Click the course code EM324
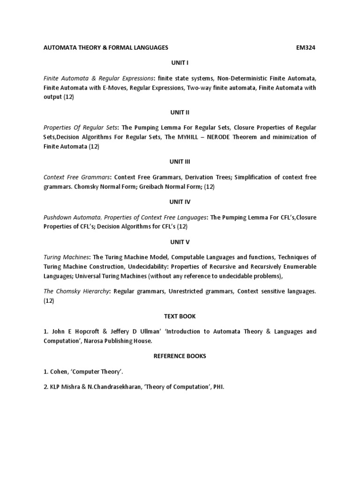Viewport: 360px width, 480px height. coord(306,48)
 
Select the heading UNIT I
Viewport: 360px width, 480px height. coord(180,63)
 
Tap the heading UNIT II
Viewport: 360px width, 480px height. coord(180,112)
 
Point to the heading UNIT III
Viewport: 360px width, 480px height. coord(180,162)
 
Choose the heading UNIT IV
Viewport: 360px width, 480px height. coord(180,202)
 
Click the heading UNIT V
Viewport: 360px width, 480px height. coord(180,242)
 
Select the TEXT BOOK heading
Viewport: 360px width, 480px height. coord(180,316)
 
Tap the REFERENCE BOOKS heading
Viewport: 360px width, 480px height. coord(180,356)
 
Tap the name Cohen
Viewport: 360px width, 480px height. coord(59,371)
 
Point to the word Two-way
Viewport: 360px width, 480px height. coord(199,88)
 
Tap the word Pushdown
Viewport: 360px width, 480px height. coord(58,217)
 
